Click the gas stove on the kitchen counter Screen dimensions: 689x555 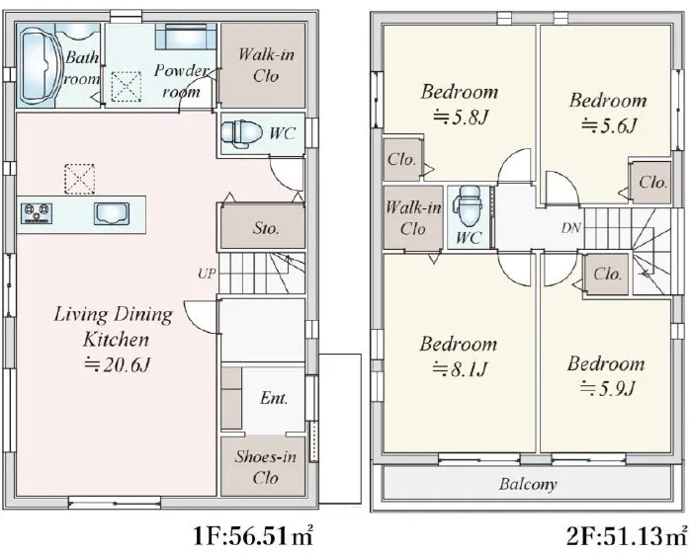tap(37, 213)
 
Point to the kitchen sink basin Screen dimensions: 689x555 tap(112, 213)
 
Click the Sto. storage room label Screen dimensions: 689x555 tap(266, 228)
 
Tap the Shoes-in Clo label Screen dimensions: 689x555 tap(265, 467)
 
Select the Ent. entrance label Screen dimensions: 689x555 tap(274, 398)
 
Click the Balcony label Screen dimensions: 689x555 tap(528, 484)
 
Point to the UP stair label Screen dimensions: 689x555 tap(207, 274)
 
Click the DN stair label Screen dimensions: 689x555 tap(570, 228)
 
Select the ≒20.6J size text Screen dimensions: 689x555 tap(118, 364)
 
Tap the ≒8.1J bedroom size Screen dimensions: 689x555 tap(460, 369)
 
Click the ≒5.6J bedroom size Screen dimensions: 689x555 tap(609, 126)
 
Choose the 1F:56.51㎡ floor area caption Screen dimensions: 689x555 tap(253, 536)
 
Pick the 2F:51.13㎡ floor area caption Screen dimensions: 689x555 tap(627, 536)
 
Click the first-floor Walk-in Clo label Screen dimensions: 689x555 tap(266, 65)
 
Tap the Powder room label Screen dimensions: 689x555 tap(181, 81)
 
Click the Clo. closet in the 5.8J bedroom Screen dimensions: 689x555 tap(401, 159)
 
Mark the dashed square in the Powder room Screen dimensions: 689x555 tap(127, 87)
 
